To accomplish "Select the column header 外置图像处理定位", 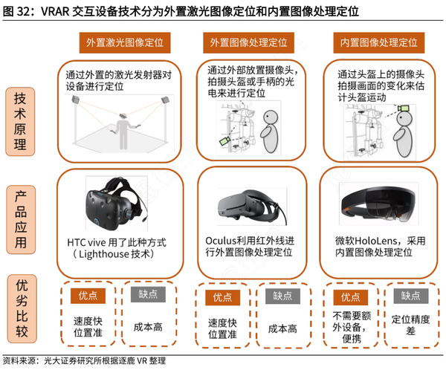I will click(253, 42).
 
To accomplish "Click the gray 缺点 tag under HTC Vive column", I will click(148, 295).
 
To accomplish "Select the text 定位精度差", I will click(411, 325).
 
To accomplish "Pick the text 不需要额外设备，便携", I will click(349, 325).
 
